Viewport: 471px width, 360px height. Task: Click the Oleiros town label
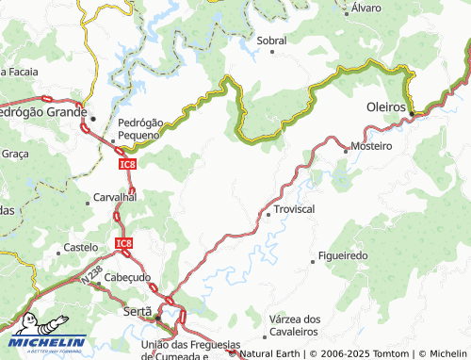(x=385, y=108)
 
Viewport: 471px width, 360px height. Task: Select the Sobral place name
(x=271, y=41)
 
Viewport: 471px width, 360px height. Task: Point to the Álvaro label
(x=365, y=8)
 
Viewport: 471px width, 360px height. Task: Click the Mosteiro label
(x=370, y=147)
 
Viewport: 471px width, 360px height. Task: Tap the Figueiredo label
(x=343, y=255)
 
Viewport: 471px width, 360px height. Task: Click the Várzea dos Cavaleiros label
(x=295, y=325)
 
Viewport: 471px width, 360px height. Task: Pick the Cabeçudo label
(x=127, y=277)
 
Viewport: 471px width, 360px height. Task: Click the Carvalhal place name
(x=116, y=198)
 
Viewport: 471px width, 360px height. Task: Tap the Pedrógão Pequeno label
(x=139, y=129)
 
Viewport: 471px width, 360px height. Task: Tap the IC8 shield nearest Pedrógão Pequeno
(x=126, y=164)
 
